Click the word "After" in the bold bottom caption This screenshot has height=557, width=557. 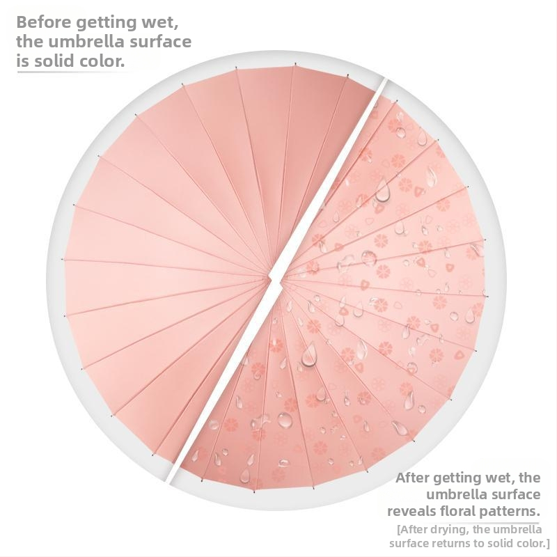415,478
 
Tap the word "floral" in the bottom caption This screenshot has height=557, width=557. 466,511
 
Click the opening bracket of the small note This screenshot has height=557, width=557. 398,529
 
